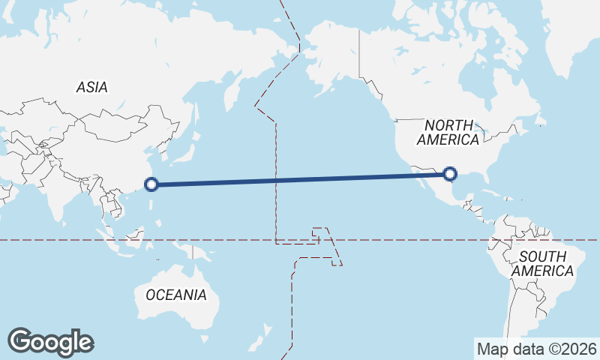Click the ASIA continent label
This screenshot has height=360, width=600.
pyautogui.click(x=91, y=87)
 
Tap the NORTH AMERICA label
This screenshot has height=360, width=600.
pyautogui.click(x=448, y=133)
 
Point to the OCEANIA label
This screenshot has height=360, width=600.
pyautogui.click(x=175, y=295)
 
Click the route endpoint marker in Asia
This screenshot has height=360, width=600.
pyautogui.click(x=151, y=184)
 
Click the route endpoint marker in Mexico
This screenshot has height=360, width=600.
pyautogui.click(x=449, y=174)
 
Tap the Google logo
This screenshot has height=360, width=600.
pyautogui.click(x=51, y=342)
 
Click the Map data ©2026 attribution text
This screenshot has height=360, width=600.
pyautogui.click(x=537, y=349)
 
